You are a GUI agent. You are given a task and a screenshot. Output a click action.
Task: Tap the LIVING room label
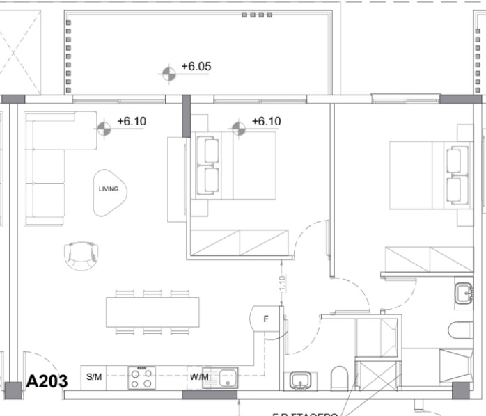(108, 189)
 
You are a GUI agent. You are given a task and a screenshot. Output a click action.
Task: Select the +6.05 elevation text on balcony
(196, 67)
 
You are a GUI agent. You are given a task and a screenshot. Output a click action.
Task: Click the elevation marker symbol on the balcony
(168, 73)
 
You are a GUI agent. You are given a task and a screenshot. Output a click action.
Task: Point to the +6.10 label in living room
(132, 121)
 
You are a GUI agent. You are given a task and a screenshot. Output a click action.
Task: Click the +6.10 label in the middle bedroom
(265, 121)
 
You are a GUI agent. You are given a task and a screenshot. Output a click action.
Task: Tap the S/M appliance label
(94, 377)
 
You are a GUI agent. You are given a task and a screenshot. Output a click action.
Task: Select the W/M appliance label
(199, 377)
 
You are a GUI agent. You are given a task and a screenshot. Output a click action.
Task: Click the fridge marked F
(265, 321)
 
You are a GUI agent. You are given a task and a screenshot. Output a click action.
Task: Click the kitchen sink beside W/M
(226, 378)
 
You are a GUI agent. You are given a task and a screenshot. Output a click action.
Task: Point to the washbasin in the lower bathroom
(300, 380)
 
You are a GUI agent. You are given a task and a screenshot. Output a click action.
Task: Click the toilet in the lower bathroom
(339, 378)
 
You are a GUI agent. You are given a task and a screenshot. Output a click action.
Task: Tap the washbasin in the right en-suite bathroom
(463, 293)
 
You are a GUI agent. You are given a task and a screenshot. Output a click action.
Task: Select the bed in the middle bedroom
(235, 166)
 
